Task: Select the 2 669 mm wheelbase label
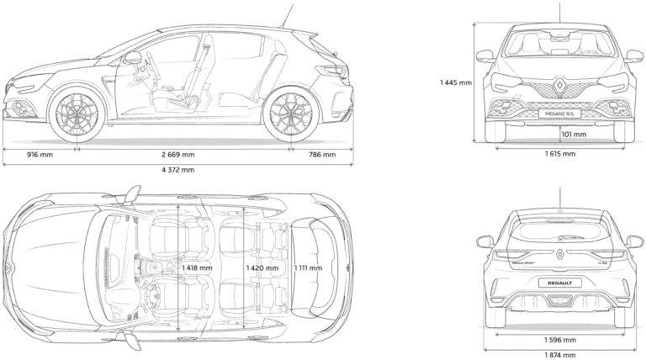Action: coord(177,155)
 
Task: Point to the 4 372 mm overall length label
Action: coord(177,170)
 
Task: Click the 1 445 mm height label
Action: coord(455,82)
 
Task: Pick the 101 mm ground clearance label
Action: coord(575,134)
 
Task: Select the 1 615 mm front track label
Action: coord(560,154)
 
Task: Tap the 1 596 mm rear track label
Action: coord(560,341)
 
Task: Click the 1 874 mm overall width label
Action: coord(560,355)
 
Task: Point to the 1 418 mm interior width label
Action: coord(196,268)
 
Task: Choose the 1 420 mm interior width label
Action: coord(261,268)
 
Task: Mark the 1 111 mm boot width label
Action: coord(308,268)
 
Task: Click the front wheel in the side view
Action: coord(77,114)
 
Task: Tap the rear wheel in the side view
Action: coord(290,115)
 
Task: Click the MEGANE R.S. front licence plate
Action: coord(559,114)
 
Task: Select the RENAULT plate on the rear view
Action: coord(559,283)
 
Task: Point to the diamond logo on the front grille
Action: coord(559,85)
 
